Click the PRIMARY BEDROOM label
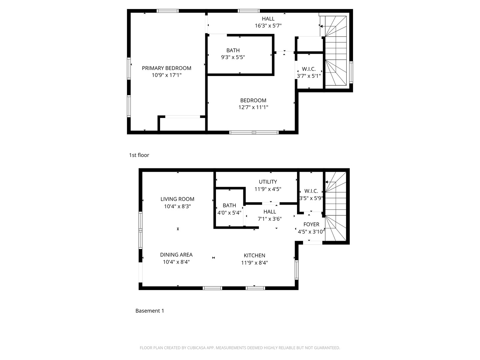[x=166, y=68]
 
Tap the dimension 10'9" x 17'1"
[x=166, y=75]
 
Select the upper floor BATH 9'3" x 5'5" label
[x=233, y=54]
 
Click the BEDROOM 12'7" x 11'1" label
[x=253, y=104]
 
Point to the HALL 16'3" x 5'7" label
[x=268, y=22]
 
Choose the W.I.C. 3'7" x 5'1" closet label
[x=309, y=72]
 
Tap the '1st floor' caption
[x=139, y=155]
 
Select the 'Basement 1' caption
[x=150, y=311]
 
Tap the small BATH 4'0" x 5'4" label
[x=229, y=209]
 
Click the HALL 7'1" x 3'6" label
[x=270, y=215]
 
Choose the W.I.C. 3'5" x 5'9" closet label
[x=311, y=194]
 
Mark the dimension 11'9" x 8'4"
[x=254, y=263]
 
